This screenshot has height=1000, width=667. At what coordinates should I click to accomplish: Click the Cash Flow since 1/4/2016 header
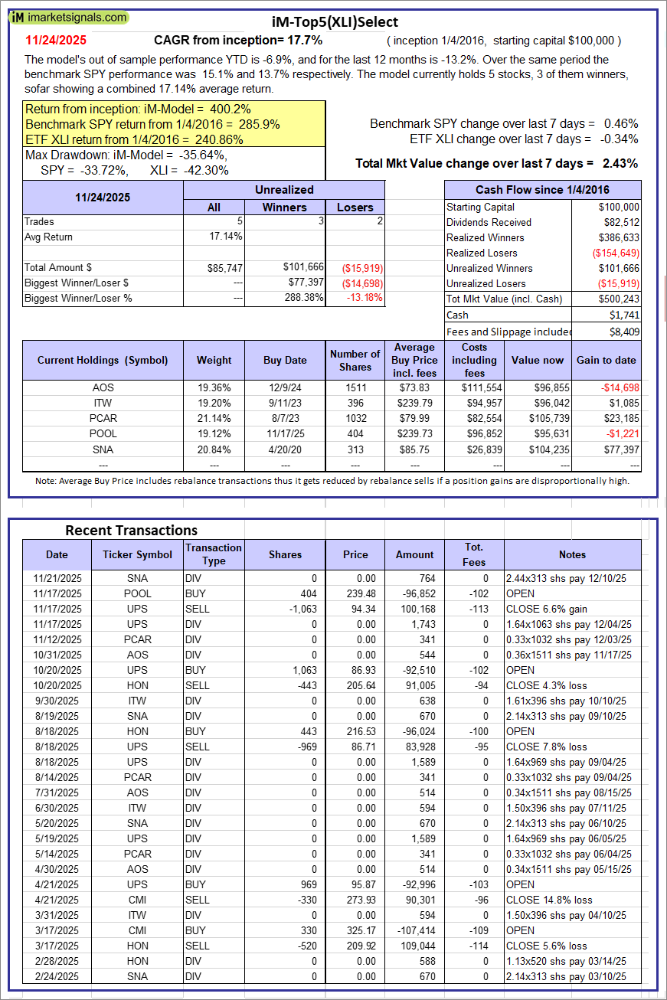(542, 190)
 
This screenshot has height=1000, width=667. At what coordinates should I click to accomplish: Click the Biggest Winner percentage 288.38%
(299, 298)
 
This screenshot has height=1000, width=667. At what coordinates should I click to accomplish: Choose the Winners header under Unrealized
(284, 207)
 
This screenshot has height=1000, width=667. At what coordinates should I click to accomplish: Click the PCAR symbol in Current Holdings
(103, 418)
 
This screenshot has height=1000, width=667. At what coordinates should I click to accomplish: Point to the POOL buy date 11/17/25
(285, 433)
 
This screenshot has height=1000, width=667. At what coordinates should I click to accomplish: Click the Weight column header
(214, 360)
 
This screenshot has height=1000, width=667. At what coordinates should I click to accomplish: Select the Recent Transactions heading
(131, 530)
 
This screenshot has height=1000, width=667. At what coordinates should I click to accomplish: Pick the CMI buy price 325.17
(355, 930)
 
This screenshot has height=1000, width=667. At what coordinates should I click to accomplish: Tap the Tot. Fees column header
(473, 554)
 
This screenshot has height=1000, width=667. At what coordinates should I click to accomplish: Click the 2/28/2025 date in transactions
(56, 961)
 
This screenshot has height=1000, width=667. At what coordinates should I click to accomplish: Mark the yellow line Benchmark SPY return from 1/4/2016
(152, 124)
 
